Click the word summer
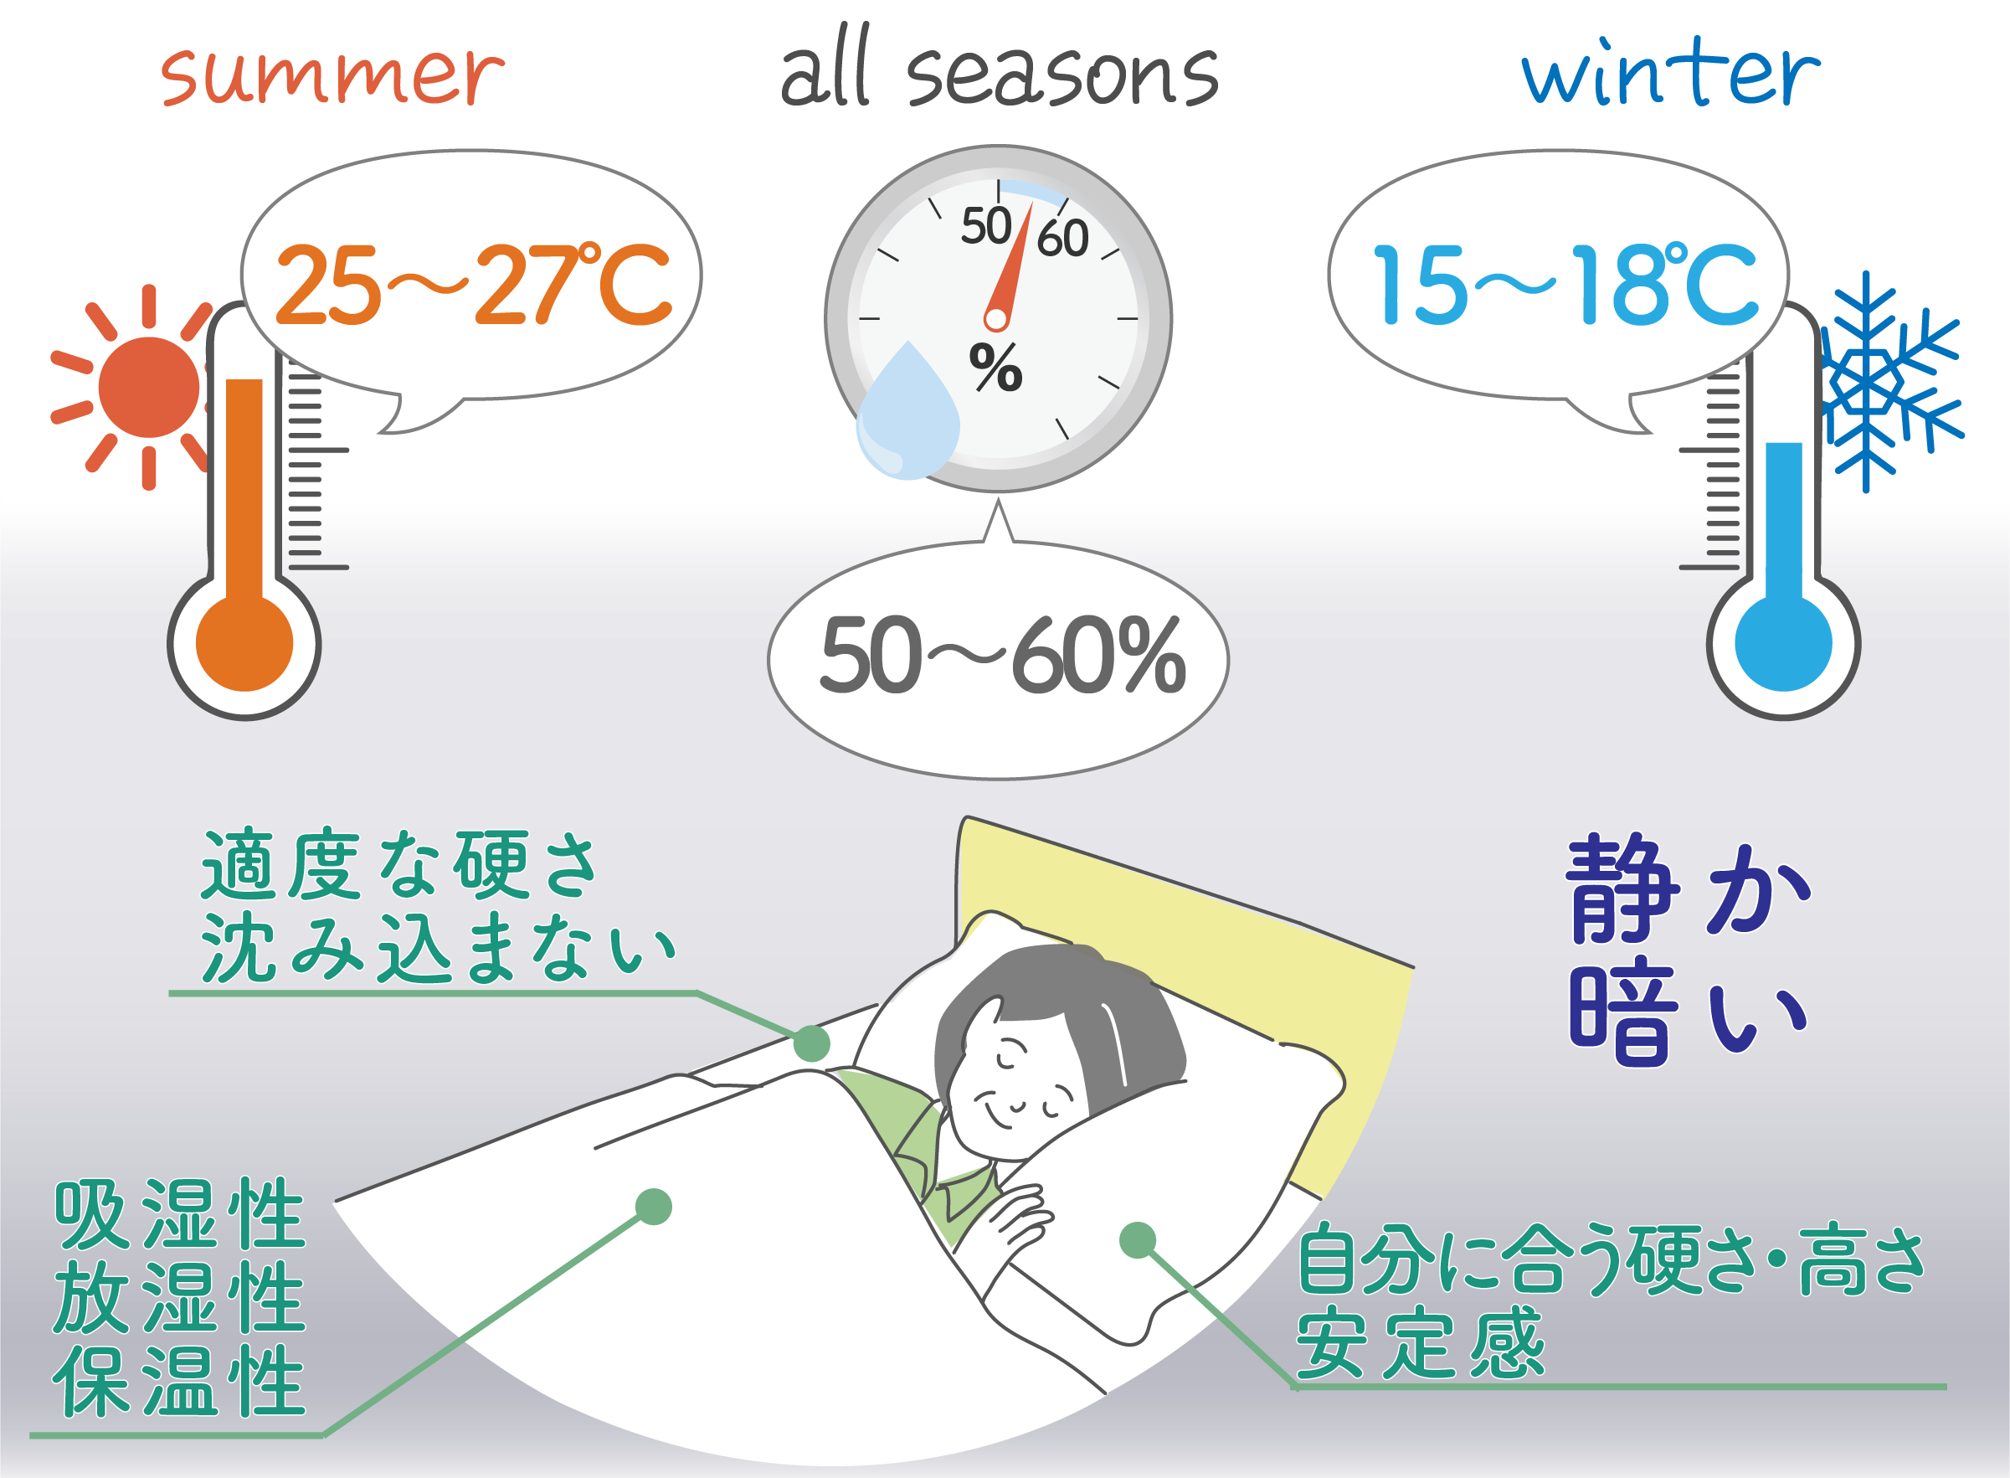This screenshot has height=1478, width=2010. tap(332, 75)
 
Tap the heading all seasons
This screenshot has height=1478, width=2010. tap(1000, 71)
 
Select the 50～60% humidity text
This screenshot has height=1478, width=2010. tap(1002, 657)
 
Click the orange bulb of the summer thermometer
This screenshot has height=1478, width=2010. tap(244, 642)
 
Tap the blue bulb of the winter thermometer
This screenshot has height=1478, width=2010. tap(1783, 642)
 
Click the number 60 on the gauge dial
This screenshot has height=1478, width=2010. tap(1062, 239)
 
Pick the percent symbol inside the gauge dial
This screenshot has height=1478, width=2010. tap(995, 368)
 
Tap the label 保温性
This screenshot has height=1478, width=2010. tap(180, 1382)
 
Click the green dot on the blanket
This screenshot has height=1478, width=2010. tap(653, 1206)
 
